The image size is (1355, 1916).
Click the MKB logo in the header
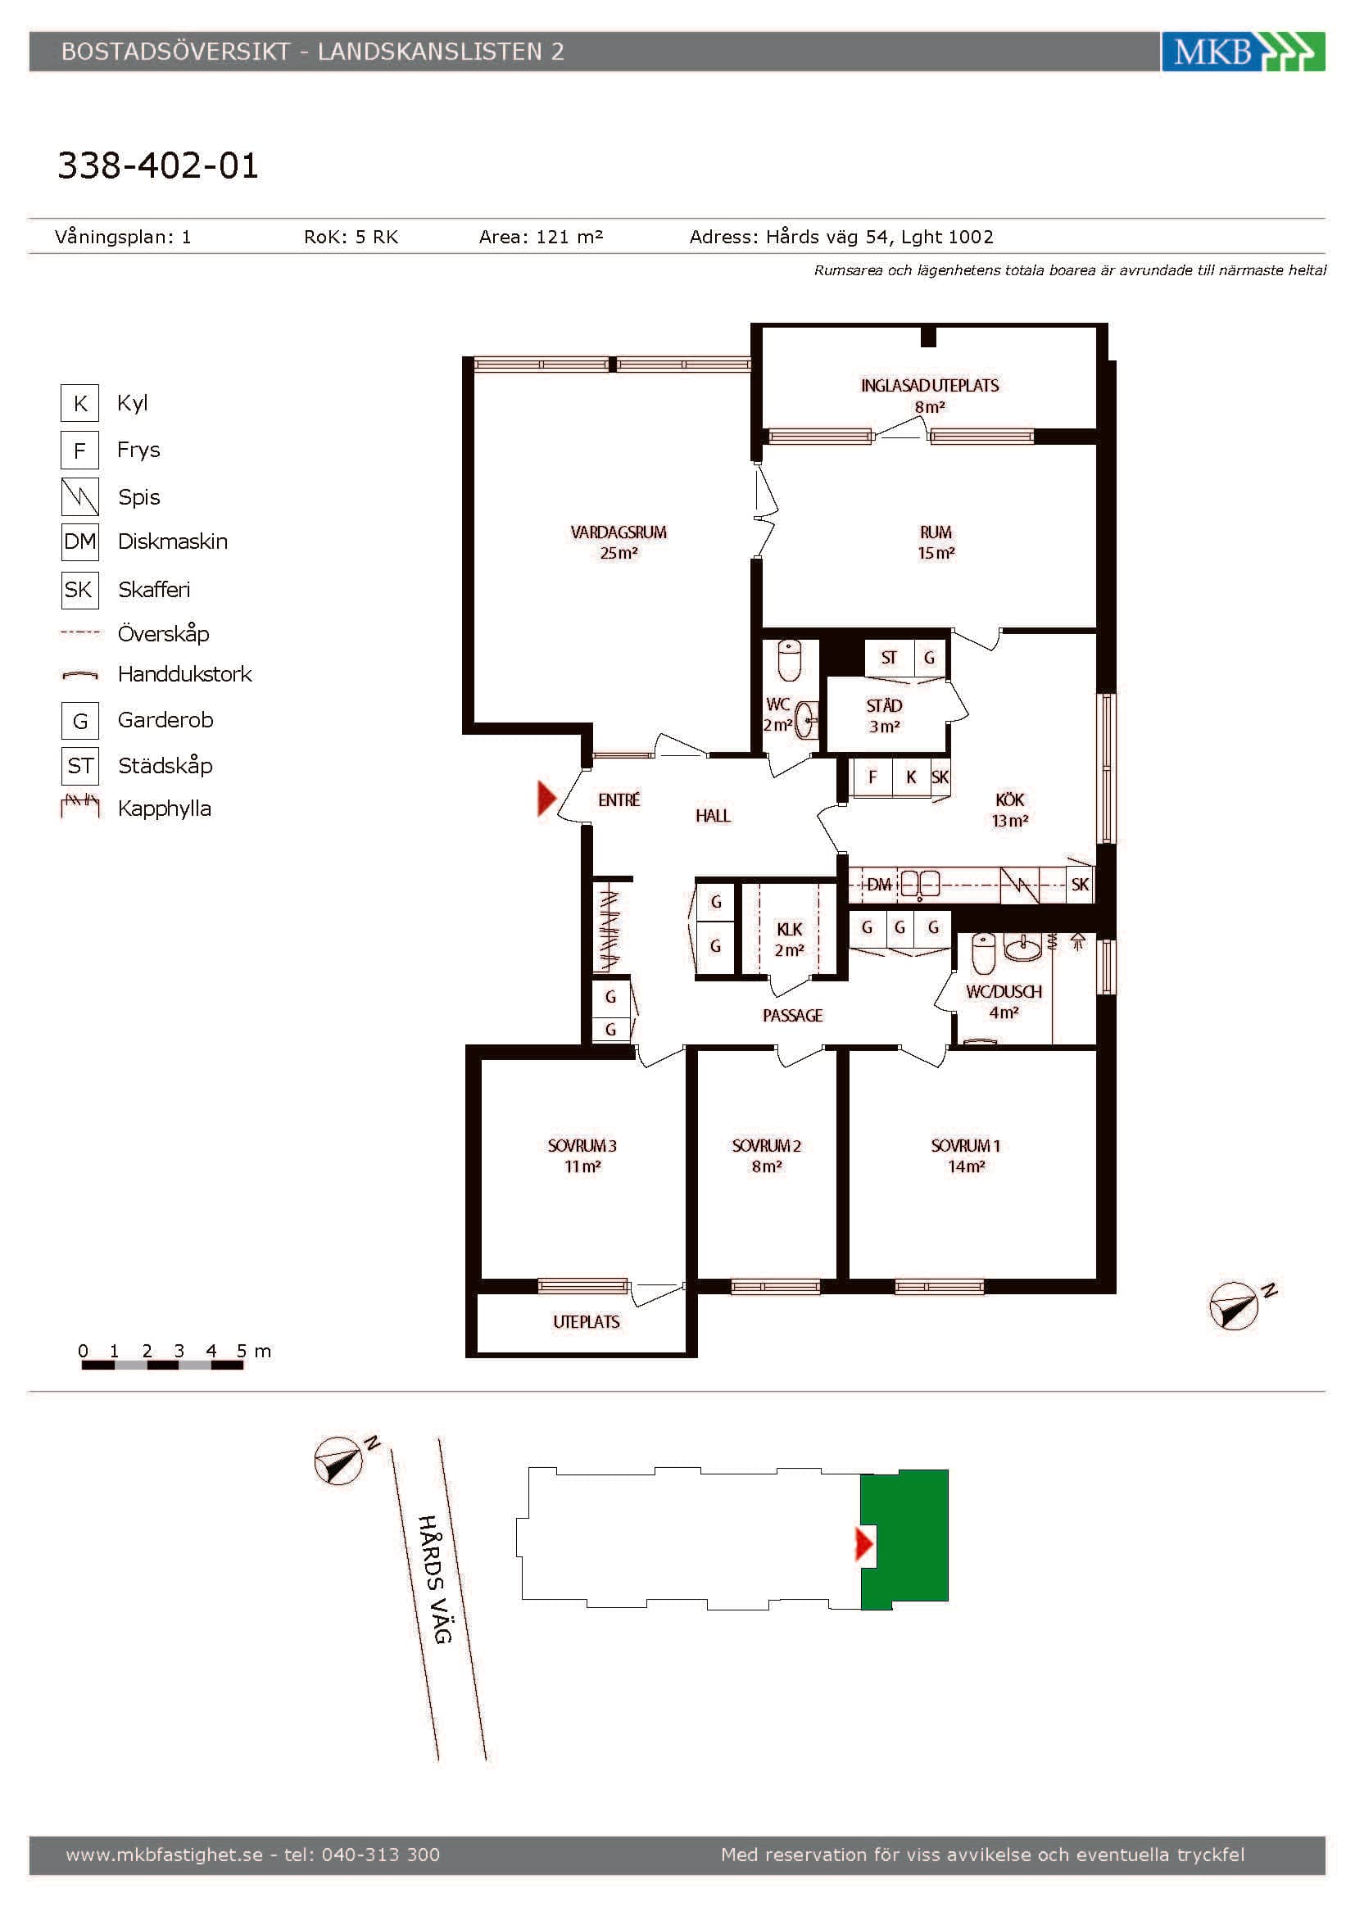[1243, 52]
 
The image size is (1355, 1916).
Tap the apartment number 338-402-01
[157, 165]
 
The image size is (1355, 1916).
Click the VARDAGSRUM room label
[619, 532]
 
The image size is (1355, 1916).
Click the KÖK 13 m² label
[1009, 810]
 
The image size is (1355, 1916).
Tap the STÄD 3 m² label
[884, 716]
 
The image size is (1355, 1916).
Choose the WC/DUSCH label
[1004, 991]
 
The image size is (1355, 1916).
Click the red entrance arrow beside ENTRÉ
[546, 798]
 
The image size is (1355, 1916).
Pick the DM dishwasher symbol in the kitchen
[878, 884]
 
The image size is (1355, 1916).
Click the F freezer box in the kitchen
[872, 777]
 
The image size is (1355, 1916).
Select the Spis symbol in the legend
[80, 496]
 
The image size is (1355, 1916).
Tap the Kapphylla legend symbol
[80, 806]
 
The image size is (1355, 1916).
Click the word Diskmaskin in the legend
[173, 541]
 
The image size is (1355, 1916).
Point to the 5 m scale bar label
[254, 1350]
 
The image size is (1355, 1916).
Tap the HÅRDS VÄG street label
[435, 1579]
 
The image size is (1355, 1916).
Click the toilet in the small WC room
[789, 660]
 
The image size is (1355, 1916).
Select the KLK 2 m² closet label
[789, 940]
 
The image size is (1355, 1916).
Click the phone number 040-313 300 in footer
[380, 1855]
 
